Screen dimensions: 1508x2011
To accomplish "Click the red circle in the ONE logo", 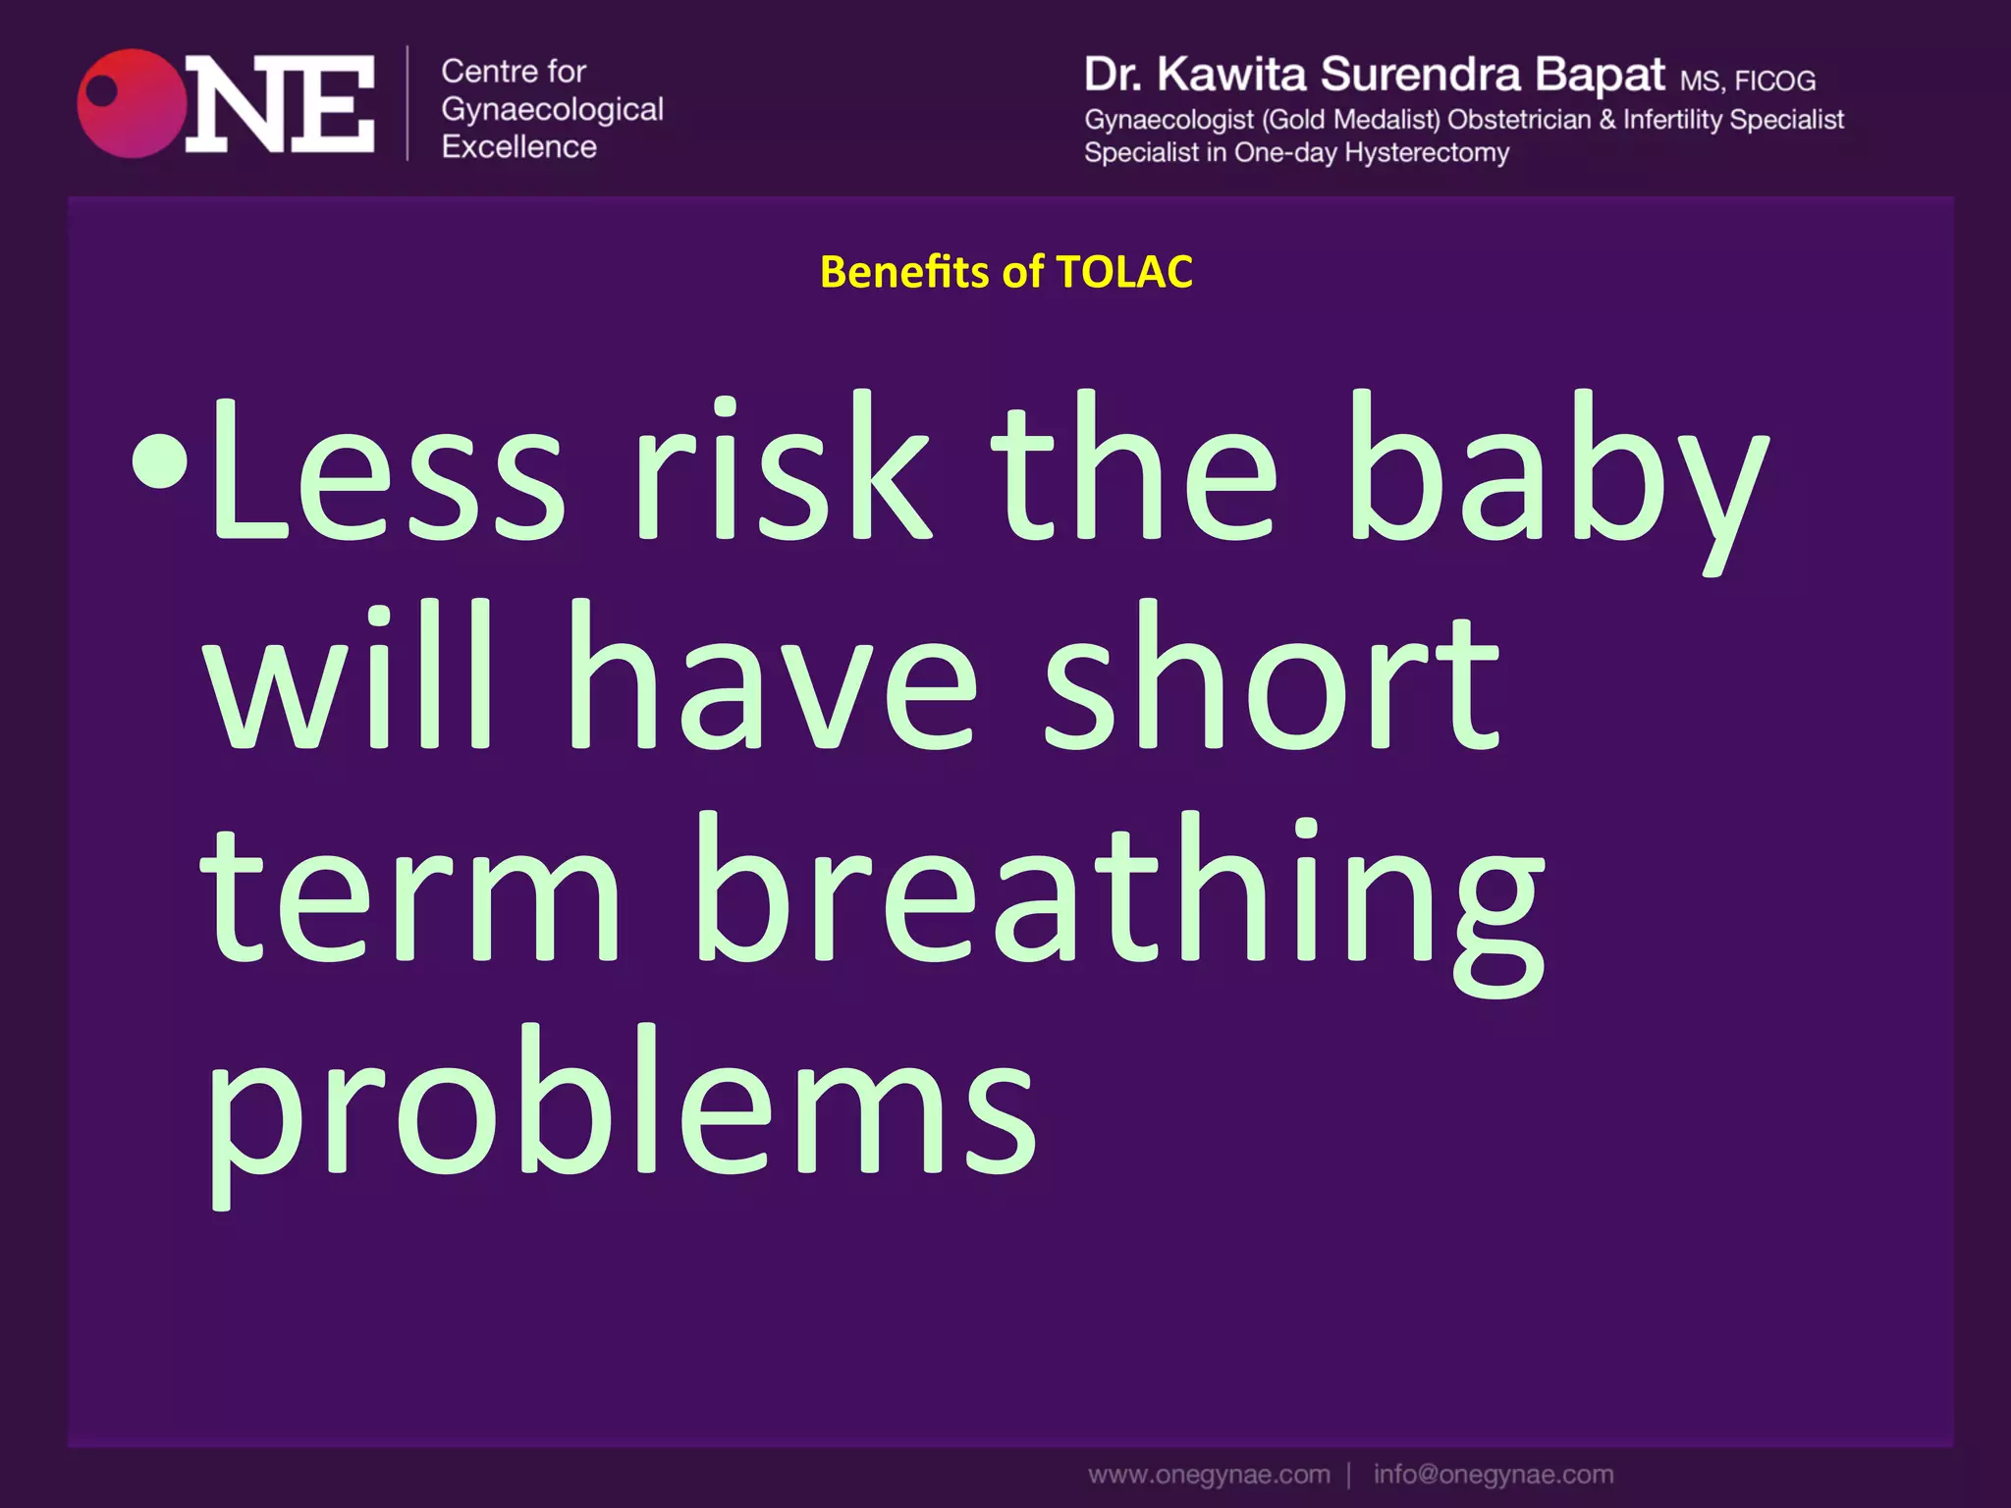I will click(x=132, y=103).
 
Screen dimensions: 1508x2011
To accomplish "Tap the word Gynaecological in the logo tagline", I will click(x=552, y=110).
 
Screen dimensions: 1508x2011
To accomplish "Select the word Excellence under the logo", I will click(x=518, y=147).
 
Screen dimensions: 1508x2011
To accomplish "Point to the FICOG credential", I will click(x=1774, y=81).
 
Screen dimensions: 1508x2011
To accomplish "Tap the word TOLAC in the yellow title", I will click(x=1124, y=272).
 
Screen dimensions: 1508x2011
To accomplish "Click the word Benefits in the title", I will click(x=904, y=272).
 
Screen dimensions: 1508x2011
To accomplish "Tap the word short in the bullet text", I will click(x=1272, y=677).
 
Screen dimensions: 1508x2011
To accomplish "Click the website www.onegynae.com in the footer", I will click(x=1209, y=1475).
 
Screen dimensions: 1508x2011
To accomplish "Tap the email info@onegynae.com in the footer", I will click(x=1493, y=1475).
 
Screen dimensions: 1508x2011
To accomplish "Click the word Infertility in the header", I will click(x=1672, y=120).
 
